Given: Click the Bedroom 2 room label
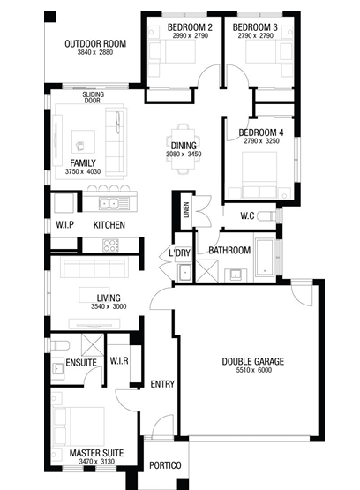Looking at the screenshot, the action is [x=190, y=27].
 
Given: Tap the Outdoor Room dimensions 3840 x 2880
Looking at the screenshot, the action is [x=95, y=52].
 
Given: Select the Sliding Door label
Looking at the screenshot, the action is [x=93, y=97].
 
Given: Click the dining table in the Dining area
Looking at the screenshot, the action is [x=184, y=149].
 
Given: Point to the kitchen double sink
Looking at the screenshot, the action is [x=109, y=203].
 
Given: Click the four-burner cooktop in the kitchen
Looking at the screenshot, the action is [x=111, y=245].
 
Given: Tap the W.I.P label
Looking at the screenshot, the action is [x=64, y=224].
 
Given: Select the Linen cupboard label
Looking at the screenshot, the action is [x=186, y=210].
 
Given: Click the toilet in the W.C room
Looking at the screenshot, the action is [x=266, y=216].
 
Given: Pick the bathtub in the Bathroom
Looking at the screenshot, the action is [x=265, y=257].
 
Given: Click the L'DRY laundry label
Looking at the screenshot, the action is [x=179, y=253].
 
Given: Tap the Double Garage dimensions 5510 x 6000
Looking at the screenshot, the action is [x=254, y=370].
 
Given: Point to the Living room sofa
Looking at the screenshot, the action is [x=94, y=268].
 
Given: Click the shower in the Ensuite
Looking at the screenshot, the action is [x=93, y=345].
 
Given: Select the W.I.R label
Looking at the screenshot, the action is [x=119, y=361].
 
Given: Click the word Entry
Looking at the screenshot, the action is [x=162, y=384].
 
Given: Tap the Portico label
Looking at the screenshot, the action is [x=165, y=465].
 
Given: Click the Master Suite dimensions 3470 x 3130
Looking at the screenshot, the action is [x=97, y=461].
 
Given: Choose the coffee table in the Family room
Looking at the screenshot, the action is [x=83, y=141].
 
